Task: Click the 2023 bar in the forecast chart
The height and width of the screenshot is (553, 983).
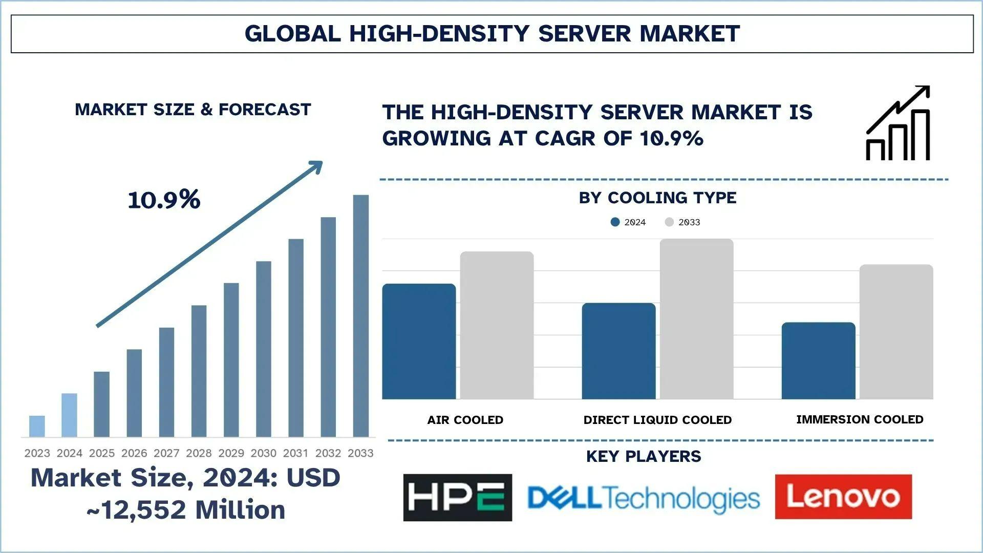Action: pyautogui.click(x=37, y=426)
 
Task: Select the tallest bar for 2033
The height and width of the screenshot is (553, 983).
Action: pyautogui.click(x=360, y=315)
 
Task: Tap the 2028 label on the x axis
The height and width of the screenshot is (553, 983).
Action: pyautogui.click(x=199, y=453)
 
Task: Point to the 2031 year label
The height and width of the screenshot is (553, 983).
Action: pyautogui.click(x=296, y=453)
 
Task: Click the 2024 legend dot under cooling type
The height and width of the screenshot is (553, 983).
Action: pyautogui.click(x=615, y=222)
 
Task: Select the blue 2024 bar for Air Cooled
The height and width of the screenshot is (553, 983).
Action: pyautogui.click(x=419, y=341)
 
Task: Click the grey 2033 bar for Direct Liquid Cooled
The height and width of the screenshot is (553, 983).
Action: pyautogui.click(x=696, y=318)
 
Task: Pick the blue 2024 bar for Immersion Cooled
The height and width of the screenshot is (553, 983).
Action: pyautogui.click(x=818, y=360)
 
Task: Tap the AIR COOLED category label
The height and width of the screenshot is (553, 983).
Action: pyautogui.click(x=465, y=420)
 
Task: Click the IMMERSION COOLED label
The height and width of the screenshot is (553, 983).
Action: pyautogui.click(x=860, y=419)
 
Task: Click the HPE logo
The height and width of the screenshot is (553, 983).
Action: pyautogui.click(x=457, y=497)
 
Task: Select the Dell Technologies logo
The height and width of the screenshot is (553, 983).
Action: pyautogui.click(x=644, y=498)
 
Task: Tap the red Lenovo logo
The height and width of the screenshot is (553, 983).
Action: pyautogui.click(x=843, y=497)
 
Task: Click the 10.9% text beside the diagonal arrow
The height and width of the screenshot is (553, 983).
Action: pyautogui.click(x=164, y=200)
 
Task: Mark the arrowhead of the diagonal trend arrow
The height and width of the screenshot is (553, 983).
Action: pyautogui.click(x=316, y=166)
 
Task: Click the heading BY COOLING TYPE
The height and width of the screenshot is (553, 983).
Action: pyautogui.click(x=657, y=198)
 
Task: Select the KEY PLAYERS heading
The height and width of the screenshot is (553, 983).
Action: pyautogui.click(x=644, y=456)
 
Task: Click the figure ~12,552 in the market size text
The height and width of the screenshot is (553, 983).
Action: pyautogui.click(x=137, y=510)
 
